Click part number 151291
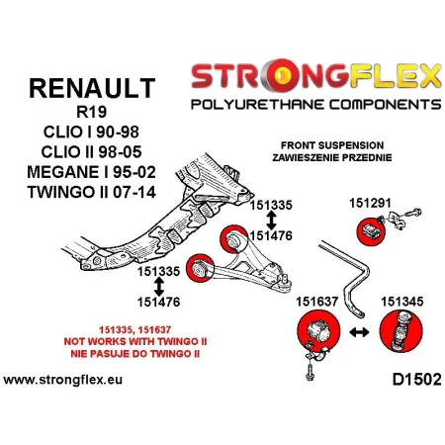click(368, 203)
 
